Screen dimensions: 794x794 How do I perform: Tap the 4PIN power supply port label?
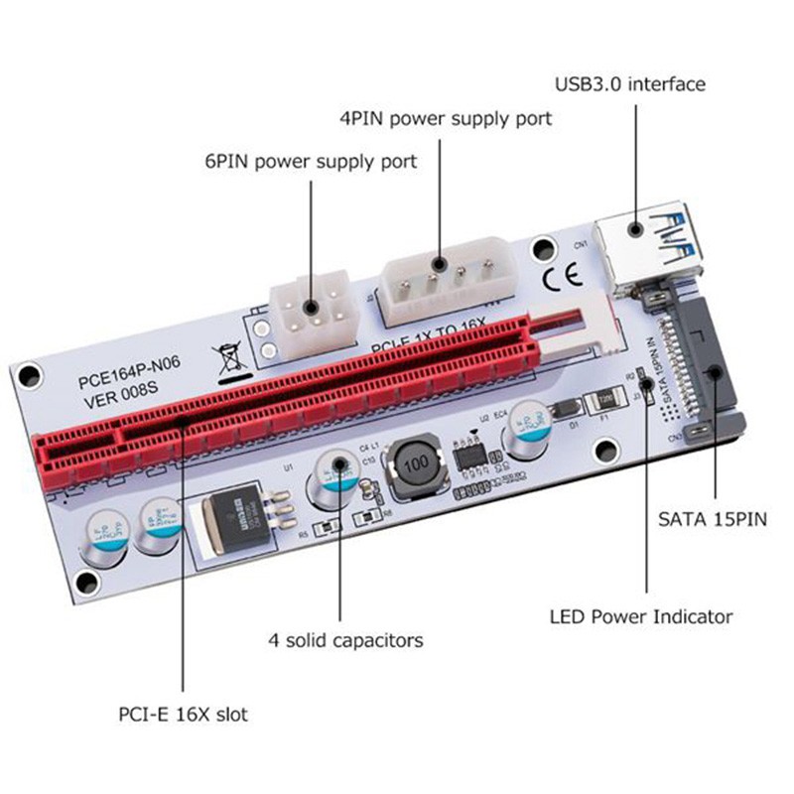click(446, 119)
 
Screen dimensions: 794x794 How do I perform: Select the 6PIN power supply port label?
click(311, 160)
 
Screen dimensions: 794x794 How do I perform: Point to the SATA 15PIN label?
click(713, 518)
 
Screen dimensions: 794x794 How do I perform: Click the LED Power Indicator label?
click(641, 616)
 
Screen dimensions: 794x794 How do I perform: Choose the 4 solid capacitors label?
click(346, 640)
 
